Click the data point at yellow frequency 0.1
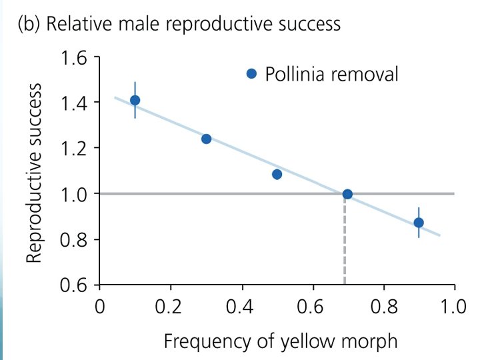pos(135,100)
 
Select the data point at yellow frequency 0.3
pos(206,139)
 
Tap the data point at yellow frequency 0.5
pos(277,174)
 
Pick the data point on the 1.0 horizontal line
pos(347,194)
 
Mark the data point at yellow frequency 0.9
pos(419,223)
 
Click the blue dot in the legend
pos(251,73)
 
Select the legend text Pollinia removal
pos(331,74)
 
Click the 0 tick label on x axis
pos(99,306)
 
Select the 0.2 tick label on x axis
pos(168,306)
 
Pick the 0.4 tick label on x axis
pos(239,306)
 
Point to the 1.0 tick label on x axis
pos(453,306)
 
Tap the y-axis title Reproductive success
pos(34,173)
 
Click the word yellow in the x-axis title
pos(308,341)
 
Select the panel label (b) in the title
pos(29,24)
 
